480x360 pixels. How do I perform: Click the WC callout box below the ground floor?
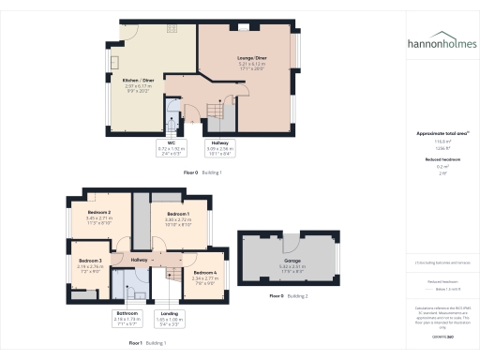(x=171, y=147)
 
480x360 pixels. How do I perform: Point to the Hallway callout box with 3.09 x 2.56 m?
(x=220, y=147)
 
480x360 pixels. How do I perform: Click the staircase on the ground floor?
(x=215, y=116)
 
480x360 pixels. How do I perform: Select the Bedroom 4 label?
(x=206, y=274)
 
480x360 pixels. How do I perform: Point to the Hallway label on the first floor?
(x=140, y=260)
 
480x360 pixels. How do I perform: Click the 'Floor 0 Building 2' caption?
(x=289, y=295)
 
